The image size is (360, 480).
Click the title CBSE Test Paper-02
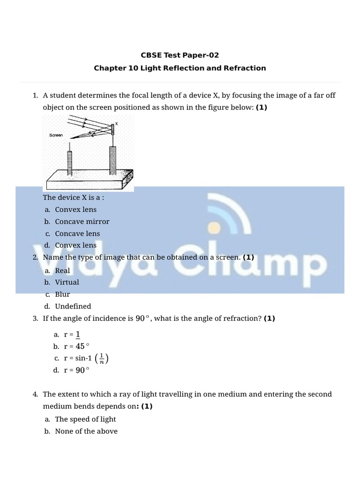tap(180, 55)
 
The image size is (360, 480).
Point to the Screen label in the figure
tap(56, 135)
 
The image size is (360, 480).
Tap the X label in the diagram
tap(116, 123)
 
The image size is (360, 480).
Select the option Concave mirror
tap(82, 222)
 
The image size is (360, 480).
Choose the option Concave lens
tap(77, 233)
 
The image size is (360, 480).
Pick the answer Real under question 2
tap(62, 270)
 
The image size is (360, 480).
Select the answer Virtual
tap(67, 282)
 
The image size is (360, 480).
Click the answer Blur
tap(62, 294)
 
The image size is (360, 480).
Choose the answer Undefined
tap(73, 306)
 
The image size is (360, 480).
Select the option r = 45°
tap(76, 346)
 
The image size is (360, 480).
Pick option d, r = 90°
tap(76, 370)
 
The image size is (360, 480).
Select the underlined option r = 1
tap(72, 334)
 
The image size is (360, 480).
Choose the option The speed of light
tap(85, 419)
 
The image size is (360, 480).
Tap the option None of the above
tap(86, 431)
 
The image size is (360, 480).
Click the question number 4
tap(36, 394)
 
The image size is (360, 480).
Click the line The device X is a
tap(74, 197)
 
